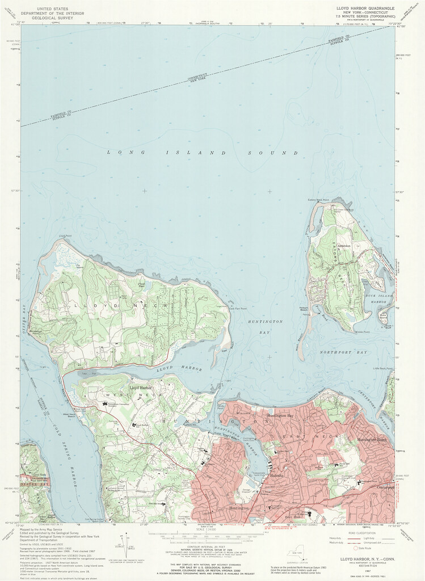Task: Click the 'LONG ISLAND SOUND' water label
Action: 202,153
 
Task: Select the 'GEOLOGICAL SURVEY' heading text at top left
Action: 56,19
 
